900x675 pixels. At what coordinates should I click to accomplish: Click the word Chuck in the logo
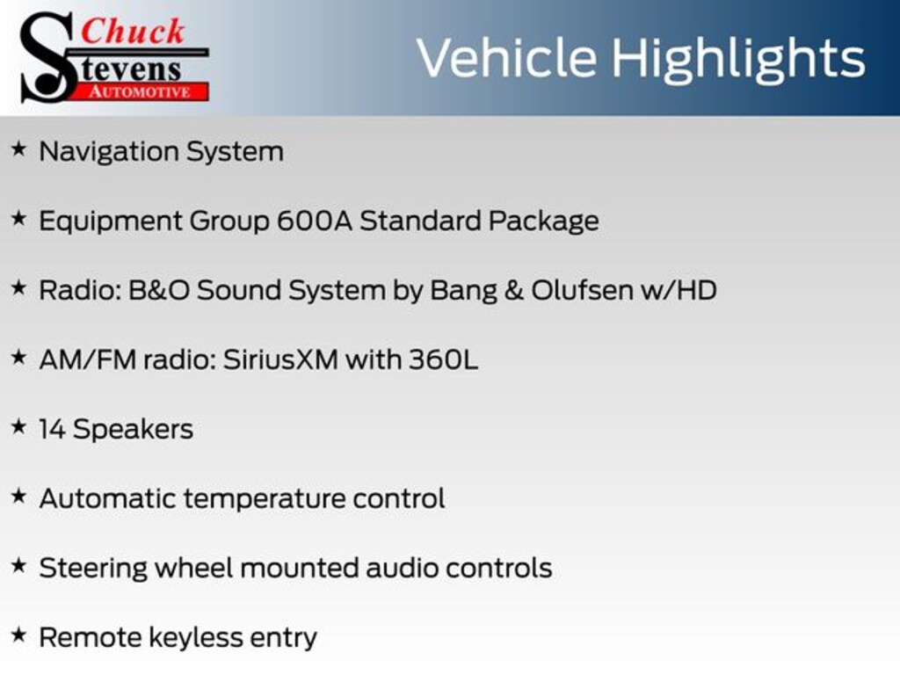pyautogui.click(x=133, y=31)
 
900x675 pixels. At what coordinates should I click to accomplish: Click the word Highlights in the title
pyautogui.click(x=737, y=59)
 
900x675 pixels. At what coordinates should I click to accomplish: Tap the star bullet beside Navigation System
pyautogui.click(x=19, y=149)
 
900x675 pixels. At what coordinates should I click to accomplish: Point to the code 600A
pyautogui.click(x=315, y=221)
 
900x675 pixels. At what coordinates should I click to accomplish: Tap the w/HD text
pyautogui.click(x=679, y=290)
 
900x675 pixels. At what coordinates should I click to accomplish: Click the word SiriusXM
pyautogui.click(x=280, y=359)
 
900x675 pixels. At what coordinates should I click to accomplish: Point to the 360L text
pyautogui.click(x=443, y=359)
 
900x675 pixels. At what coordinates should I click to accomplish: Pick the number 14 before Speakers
pyautogui.click(x=52, y=429)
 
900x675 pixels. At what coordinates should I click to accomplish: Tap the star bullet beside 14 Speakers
pyautogui.click(x=19, y=427)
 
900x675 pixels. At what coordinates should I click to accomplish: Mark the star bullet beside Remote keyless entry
pyautogui.click(x=19, y=635)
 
